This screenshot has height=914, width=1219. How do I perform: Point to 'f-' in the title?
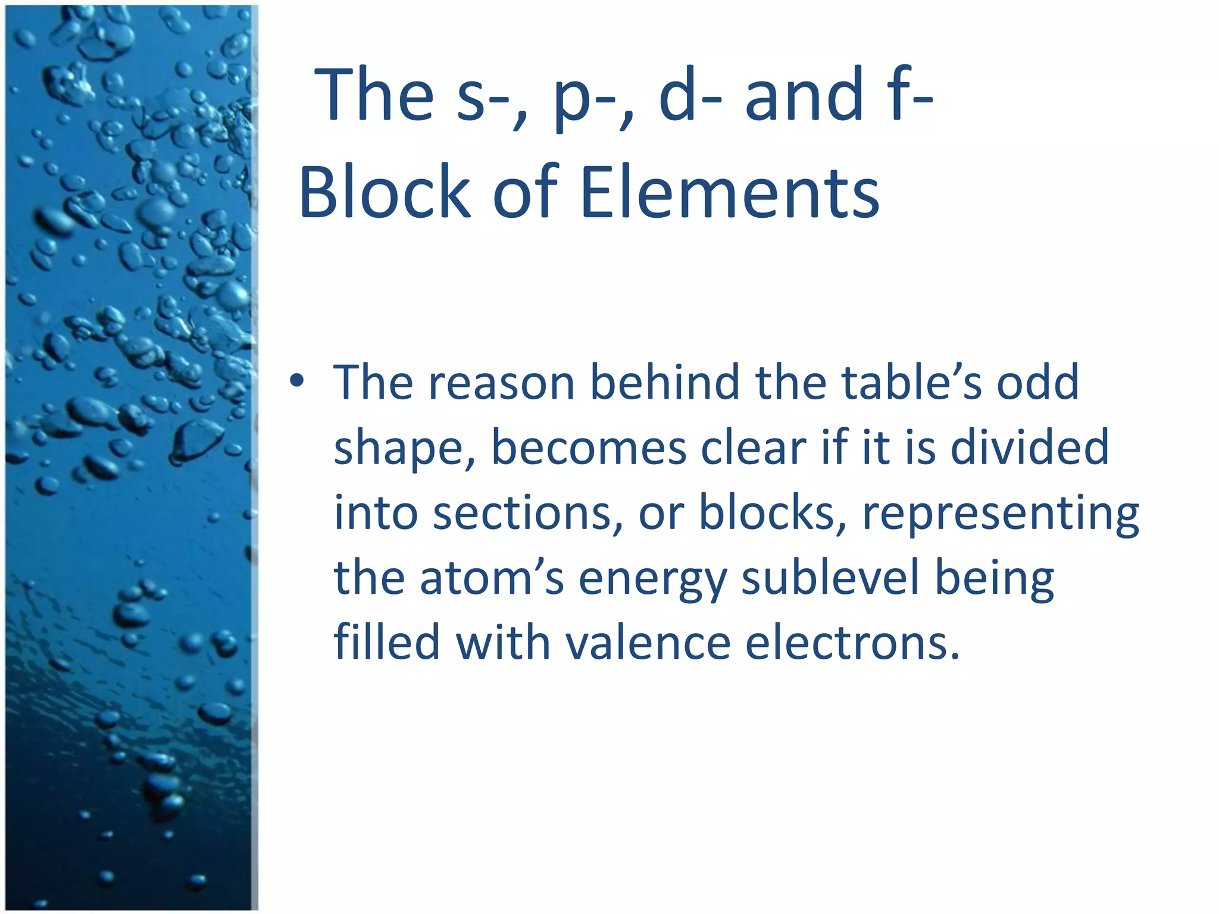click(909, 95)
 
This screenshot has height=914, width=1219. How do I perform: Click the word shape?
click(404, 449)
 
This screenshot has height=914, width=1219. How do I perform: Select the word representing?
click(1001, 515)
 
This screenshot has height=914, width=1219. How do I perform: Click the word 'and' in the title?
click(804, 95)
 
